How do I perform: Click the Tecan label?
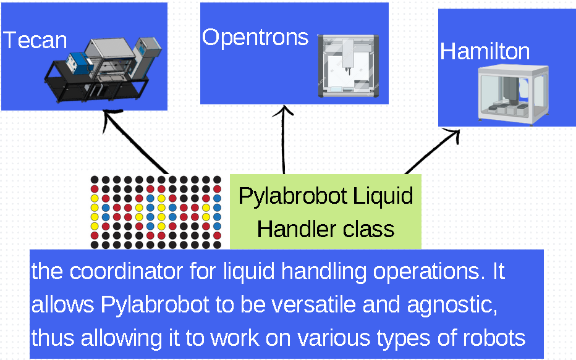tap(35, 41)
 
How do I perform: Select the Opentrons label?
tap(255, 38)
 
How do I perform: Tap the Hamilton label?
tap(485, 51)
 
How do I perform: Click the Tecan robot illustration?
tap(103, 69)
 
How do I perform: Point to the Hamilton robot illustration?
tap(514, 95)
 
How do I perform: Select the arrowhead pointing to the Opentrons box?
tap(284, 112)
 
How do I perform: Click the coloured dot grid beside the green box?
tap(156, 212)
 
